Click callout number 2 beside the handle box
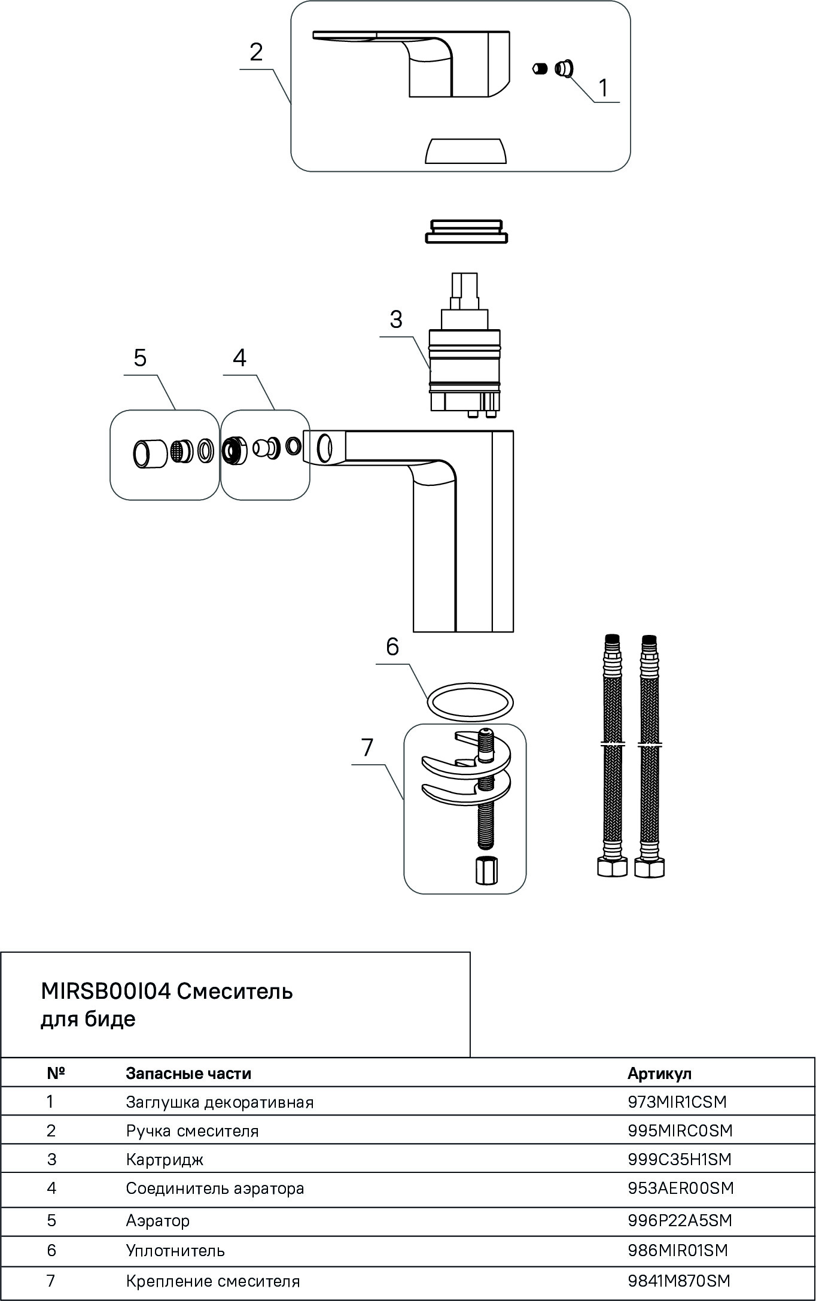[x=256, y=53]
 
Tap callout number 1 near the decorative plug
[x=604, y=88]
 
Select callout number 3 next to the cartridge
[x=396, y=320]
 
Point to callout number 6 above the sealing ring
[x=392, y=647]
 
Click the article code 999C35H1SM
[x=680, y=1159]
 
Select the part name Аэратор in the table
[x=157, y=1220]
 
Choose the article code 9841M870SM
[x=679, y=1281]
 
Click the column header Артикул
[x=659, y=1073]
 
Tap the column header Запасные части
[x=188, y=1073]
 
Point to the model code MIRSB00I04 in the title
[x=106, y=991]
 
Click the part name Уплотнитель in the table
[x=175, y=1250]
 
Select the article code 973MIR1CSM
[x=677, y=1101]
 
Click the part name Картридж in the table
[x=165, y=1159]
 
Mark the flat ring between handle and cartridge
[x=466, y=231]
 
